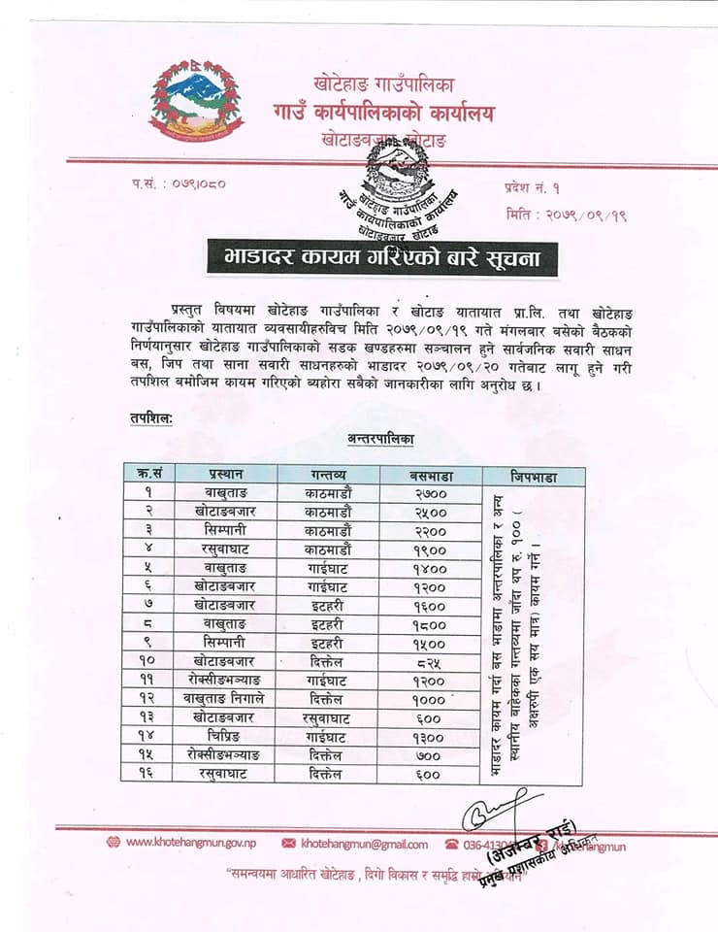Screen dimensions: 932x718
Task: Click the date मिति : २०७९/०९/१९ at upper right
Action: (566, 215)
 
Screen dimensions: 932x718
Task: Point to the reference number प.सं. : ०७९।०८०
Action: (179, 183)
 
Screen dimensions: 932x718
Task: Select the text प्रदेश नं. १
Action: (532, 184)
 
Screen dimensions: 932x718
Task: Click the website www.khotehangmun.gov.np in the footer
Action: (184, 843)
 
